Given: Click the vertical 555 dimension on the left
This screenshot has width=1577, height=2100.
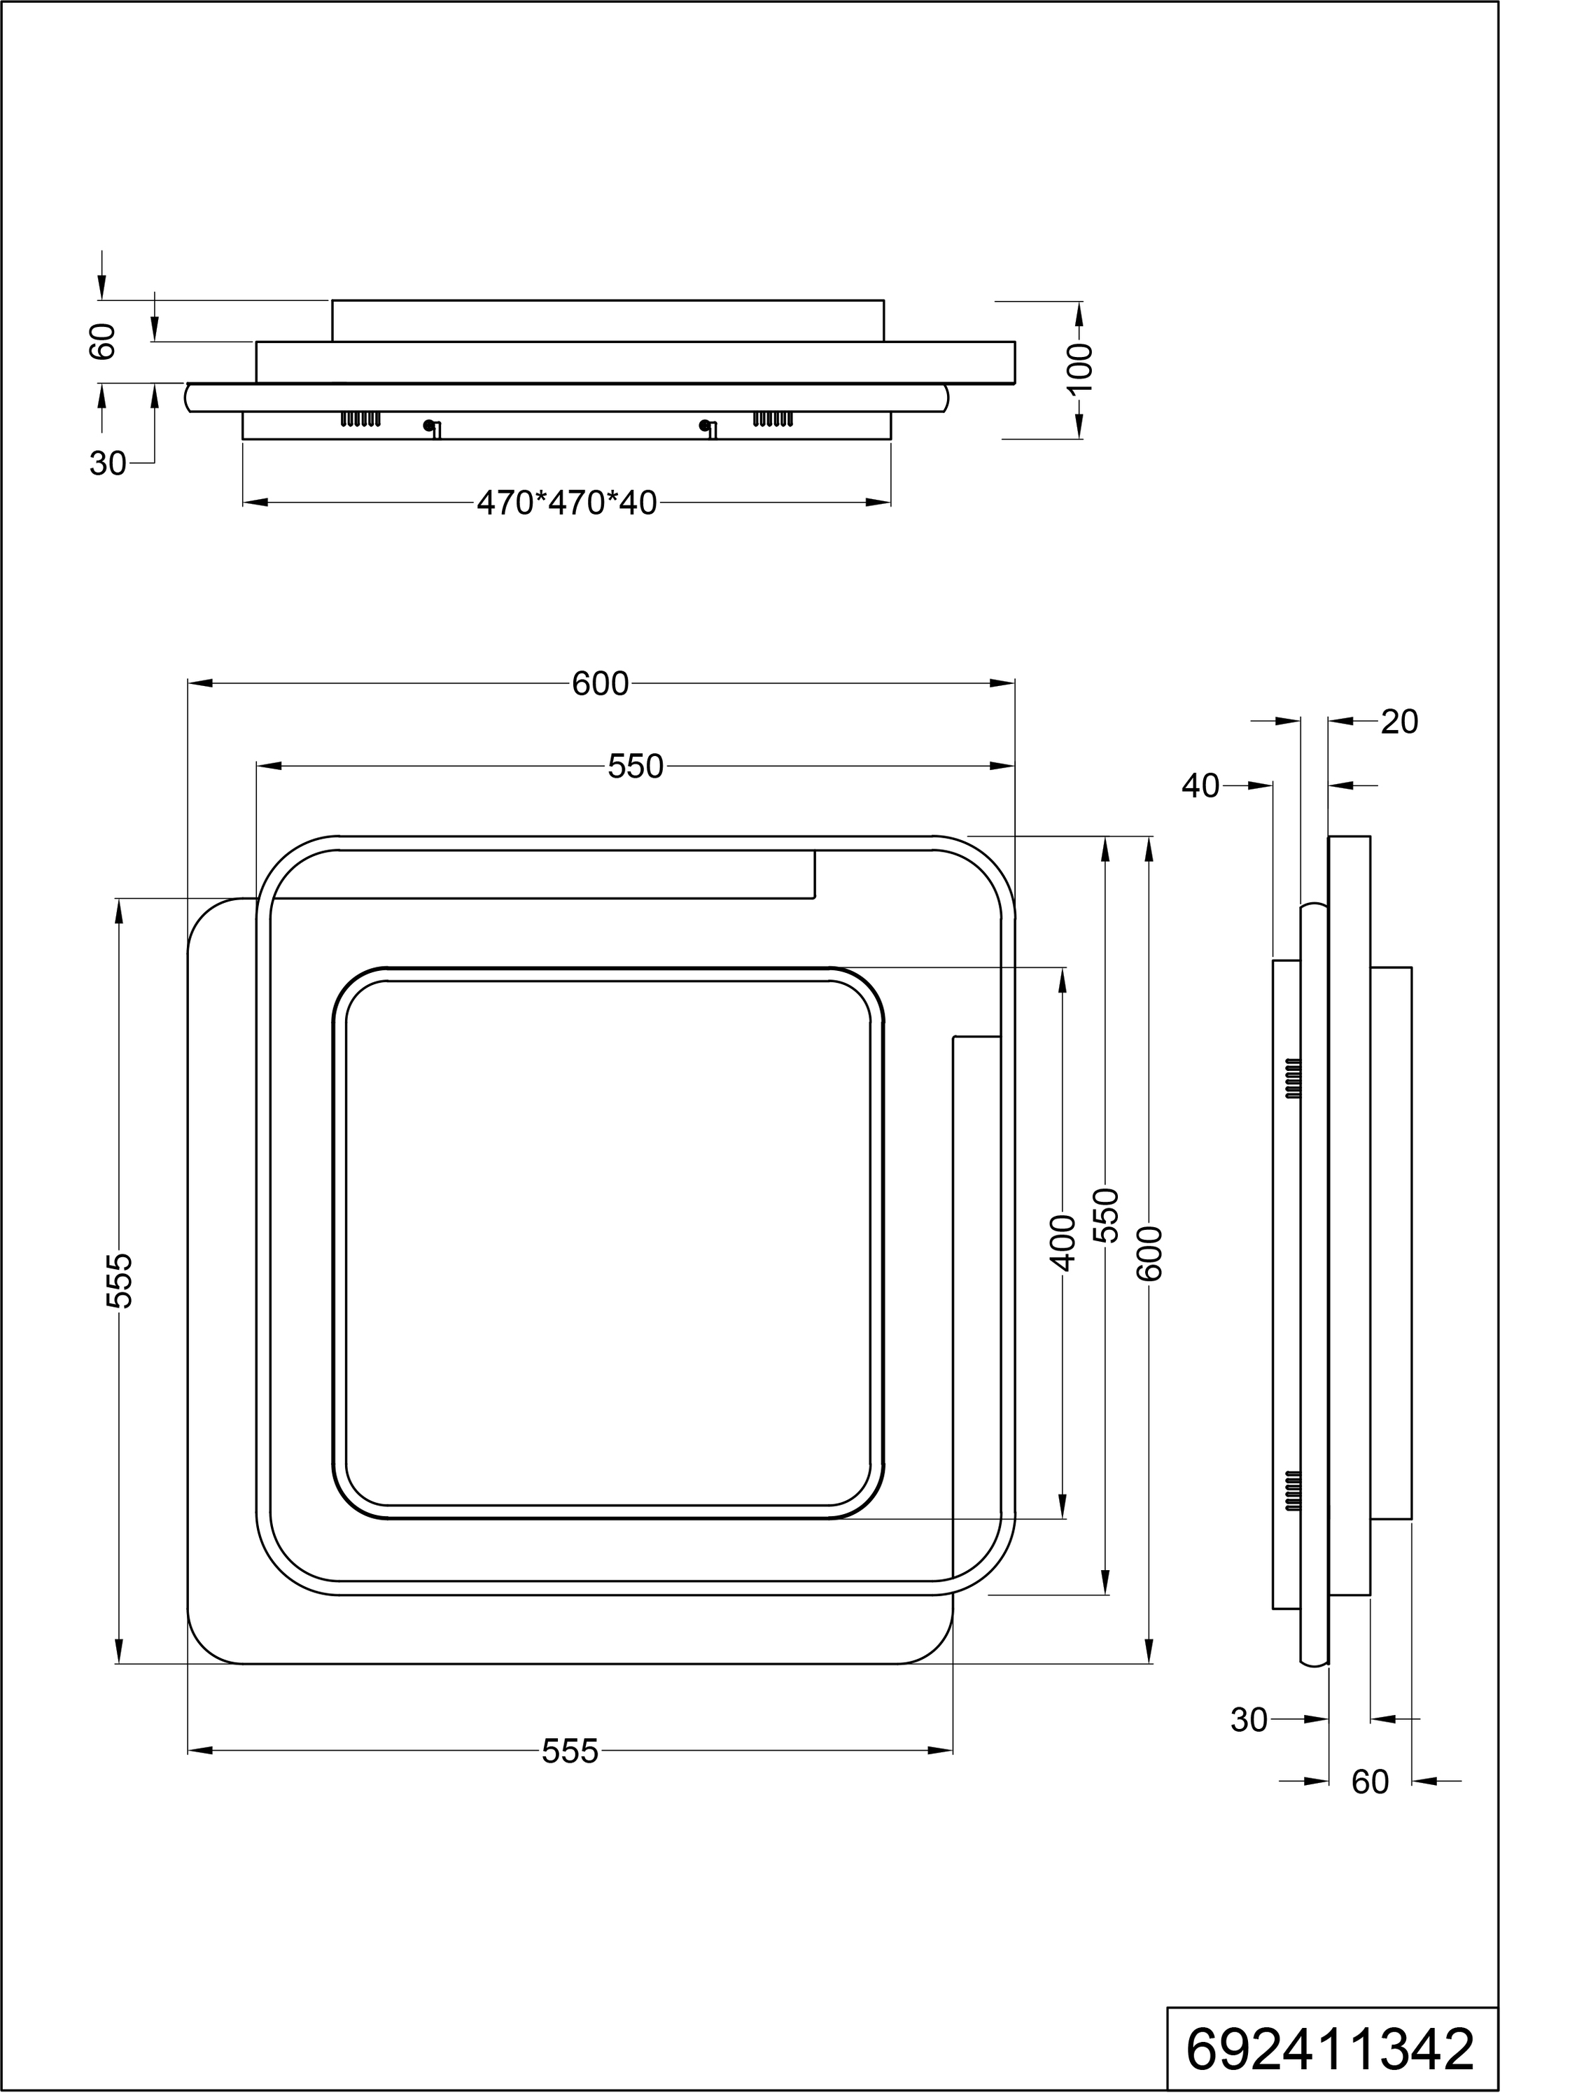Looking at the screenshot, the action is pyautogui.click(x=120, y=1281).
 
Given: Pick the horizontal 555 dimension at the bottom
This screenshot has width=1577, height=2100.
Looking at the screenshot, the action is pyautogui.click(x=570, y=1751).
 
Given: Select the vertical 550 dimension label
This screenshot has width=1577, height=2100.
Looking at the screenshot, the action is pyautogui.click(x=1106, y=1215).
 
